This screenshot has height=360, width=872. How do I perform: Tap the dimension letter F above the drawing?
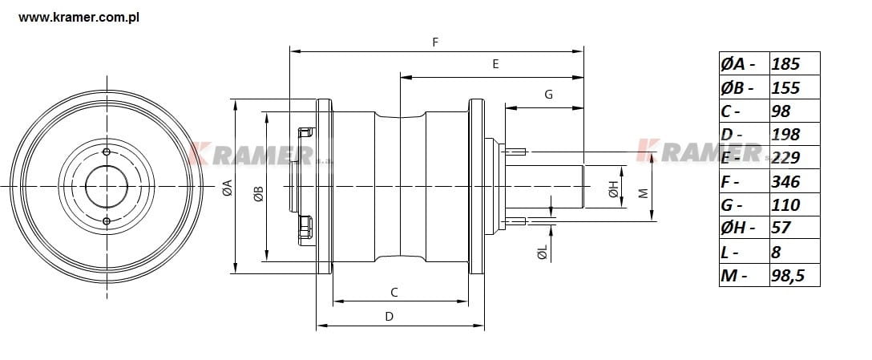(435, 41)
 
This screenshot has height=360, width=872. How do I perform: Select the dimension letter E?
(495, 64)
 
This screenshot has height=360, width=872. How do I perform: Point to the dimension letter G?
(548, 94)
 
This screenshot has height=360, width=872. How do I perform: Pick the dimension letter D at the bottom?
(389, 316)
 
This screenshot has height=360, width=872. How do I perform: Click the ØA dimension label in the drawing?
(227, 188)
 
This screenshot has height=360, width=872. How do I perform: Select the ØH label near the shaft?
(612, 189)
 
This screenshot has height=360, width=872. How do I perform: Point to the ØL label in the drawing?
(543, 253)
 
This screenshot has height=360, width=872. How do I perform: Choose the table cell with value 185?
(794, 64)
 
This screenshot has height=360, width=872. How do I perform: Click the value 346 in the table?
(794, 182)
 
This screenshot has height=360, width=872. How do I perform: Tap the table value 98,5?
(794, 276)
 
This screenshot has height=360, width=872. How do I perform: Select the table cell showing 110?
(794, 205)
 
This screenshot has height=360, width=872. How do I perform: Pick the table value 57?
(794, 229)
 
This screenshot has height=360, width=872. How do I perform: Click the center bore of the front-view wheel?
(107, 185)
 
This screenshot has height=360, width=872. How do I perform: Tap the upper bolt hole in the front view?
(107, 152)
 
